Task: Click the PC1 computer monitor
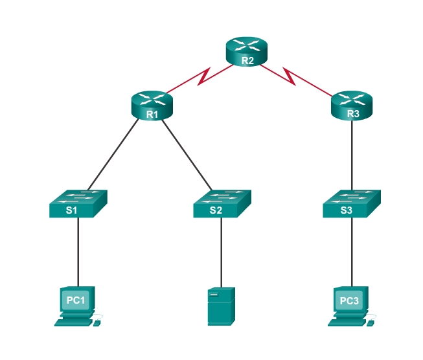coord(76,300)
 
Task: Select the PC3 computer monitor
coord(349,300)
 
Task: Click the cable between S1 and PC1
coord(78,252)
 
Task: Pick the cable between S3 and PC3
coord(352,252)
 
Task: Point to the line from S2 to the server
coord(222,252)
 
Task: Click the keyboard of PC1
coord(74,321)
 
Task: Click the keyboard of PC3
coord(347,321)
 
